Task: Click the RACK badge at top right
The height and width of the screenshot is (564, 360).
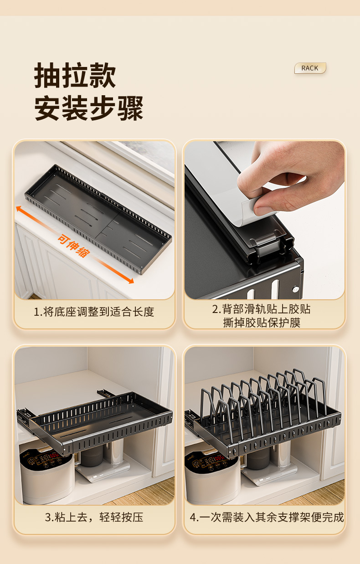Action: (x=310, y=68)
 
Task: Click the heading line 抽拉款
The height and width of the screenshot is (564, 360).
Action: (x=75, y=76)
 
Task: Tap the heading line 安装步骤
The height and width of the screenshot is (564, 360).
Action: (x=89, y=108)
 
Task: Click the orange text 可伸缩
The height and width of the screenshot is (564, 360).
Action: (x=73, y=246)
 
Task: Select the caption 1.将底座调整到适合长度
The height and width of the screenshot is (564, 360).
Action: (x=94, y=312)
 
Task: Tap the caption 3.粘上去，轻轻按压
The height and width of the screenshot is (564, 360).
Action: (x=94, y=518)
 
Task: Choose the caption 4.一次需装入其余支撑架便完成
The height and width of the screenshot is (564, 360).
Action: (x=267, y=518)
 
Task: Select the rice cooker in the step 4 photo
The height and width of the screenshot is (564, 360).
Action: (x=212, y=474)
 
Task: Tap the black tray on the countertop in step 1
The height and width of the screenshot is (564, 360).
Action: (x=98, y=219)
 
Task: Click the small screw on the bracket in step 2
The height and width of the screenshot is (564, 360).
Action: (x=295, y=288)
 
